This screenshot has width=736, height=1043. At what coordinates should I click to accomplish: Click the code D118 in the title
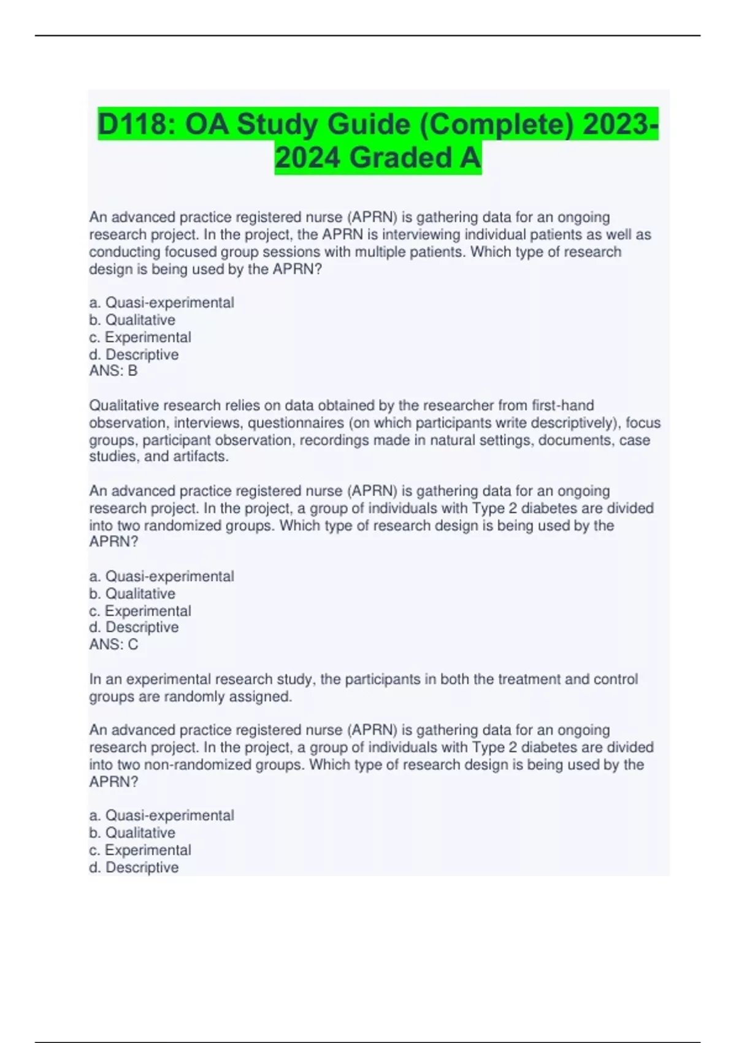[x=132, y=125]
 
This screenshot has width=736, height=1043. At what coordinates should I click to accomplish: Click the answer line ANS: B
[x=113, y=371]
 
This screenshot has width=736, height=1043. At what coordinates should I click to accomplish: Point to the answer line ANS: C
[x=113, y=644]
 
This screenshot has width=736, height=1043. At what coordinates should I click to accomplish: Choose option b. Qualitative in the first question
[x=132, y=320]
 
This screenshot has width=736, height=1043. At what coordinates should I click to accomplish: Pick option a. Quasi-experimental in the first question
[x=161, y=302]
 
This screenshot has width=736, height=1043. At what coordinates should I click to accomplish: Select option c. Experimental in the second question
[x=140, y=610]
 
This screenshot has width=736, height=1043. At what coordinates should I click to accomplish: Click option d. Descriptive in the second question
[x=134, y=627]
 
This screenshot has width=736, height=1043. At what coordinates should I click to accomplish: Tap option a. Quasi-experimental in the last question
[x=161, y=815]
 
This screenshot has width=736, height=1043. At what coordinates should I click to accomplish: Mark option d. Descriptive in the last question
[x=134, y=867]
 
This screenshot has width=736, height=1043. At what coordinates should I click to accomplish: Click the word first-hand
[x=562, y=406]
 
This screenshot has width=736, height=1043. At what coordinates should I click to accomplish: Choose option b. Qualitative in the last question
[x=132, y=833]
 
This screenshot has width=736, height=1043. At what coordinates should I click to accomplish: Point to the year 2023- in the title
[x=620, y=125]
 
